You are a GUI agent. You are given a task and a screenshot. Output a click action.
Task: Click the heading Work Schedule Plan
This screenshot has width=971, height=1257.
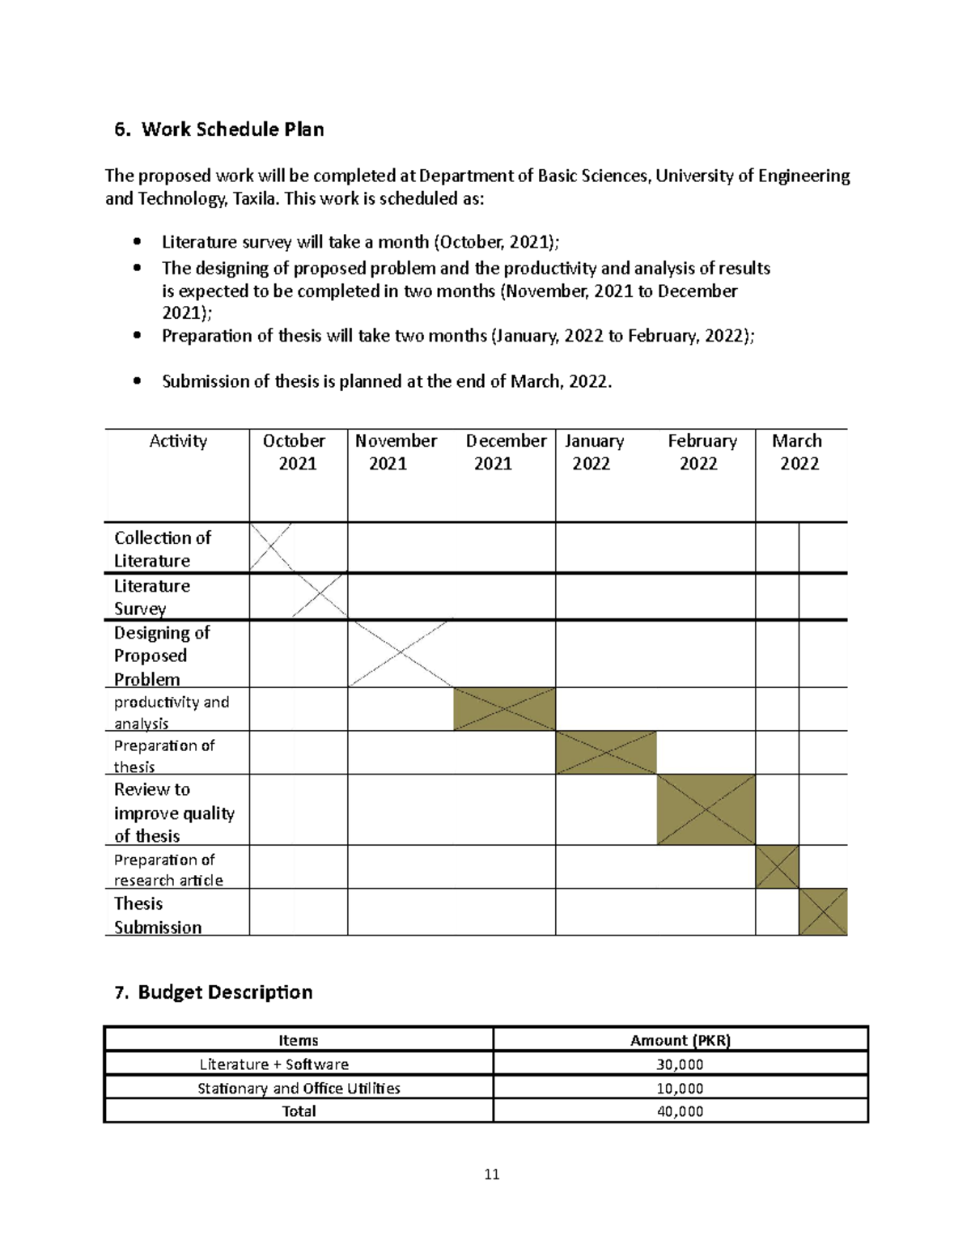(232, 130)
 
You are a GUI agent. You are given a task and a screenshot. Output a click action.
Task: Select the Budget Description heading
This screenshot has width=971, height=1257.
(224, 992)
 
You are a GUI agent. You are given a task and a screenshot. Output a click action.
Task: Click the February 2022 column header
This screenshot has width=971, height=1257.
(701, 452)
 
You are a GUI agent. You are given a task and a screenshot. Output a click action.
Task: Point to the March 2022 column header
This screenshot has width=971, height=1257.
(798, 452)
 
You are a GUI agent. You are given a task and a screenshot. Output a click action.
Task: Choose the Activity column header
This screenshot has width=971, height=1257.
(178, 441)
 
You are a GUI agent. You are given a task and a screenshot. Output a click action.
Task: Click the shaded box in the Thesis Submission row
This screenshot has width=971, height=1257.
(823, 912)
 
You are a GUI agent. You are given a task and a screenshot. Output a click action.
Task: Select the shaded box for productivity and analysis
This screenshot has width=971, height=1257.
(504, 710)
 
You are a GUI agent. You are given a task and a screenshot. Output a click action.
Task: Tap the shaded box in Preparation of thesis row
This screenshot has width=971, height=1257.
(606, 753)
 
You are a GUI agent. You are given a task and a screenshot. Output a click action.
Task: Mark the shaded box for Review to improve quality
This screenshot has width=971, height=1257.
(706, 810)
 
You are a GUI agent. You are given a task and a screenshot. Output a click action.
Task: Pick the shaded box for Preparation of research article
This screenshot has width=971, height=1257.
(777, 867)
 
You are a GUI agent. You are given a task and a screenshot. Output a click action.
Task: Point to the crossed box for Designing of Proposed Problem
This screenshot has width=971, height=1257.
(401, 653)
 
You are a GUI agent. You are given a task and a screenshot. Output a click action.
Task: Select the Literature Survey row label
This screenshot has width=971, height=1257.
(152, 597)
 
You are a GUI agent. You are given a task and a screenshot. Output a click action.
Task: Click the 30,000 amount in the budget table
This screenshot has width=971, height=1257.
(680, 1064)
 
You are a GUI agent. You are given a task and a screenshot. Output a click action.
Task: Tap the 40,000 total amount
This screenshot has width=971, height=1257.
(680, 1111)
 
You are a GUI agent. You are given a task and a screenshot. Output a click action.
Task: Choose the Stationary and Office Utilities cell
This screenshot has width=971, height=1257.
(299, 1088)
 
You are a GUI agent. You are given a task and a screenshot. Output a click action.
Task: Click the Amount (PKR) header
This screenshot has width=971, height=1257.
(680, 1041)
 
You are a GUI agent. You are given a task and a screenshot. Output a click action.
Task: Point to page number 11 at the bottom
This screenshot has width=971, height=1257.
(492, 1174)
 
